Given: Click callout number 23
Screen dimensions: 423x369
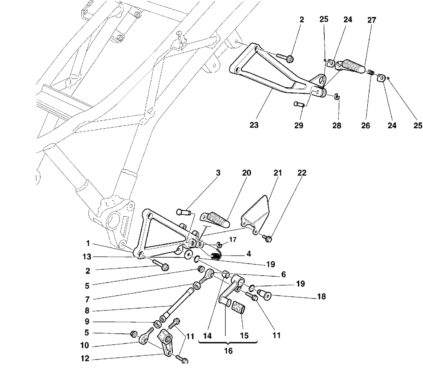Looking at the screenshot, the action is [254, 125].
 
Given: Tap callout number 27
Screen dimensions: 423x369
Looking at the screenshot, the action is [372, 20].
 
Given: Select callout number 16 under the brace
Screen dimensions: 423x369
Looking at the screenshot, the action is [228, 351].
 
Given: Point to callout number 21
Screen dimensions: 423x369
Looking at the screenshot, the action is [277, 173].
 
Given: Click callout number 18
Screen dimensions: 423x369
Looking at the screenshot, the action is [321, 296].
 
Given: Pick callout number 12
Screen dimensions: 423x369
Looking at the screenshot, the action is [85, 359].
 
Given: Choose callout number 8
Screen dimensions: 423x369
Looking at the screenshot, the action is [87, 310].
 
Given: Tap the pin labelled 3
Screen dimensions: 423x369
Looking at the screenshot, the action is [184, 212].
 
